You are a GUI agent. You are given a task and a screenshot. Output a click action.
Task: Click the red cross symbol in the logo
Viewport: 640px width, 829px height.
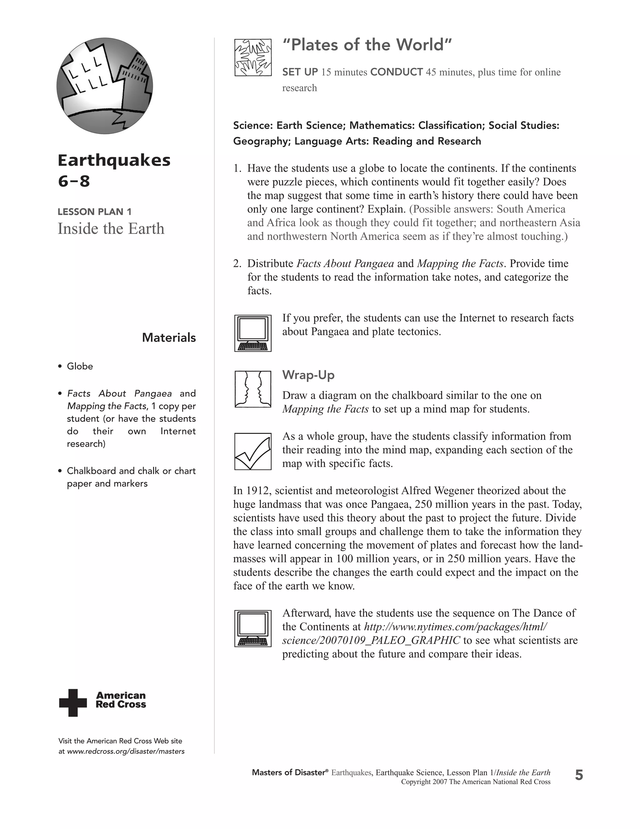(x=73, y=703)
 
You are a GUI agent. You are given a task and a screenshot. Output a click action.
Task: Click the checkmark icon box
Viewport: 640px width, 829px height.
(x=252, y=451)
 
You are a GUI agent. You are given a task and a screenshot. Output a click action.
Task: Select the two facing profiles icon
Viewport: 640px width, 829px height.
(x=252, y=389)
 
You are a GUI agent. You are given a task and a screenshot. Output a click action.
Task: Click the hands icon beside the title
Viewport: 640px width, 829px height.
(x=253, y=57)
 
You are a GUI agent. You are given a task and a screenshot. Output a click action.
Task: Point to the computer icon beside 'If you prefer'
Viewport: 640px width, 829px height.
(x=252, y=333)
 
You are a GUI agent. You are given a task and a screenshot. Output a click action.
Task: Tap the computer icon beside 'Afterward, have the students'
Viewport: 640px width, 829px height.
(x=252, y=628)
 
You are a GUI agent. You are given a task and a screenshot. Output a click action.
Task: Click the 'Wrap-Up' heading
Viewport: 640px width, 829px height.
(x=308, y=375)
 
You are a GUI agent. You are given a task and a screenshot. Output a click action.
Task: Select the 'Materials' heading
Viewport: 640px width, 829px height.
(x=169, y=338)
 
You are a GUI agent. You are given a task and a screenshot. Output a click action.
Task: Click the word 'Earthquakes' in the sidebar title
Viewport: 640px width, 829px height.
(x=114, y=160)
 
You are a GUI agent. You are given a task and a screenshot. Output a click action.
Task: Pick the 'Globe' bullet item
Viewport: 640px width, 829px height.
(x=80, y=366)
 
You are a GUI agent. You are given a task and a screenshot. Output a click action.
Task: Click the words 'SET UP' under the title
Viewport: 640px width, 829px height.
(x=299, y=72)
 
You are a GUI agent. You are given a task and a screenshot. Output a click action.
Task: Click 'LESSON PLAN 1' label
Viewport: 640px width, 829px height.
(x=94, y=212)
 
